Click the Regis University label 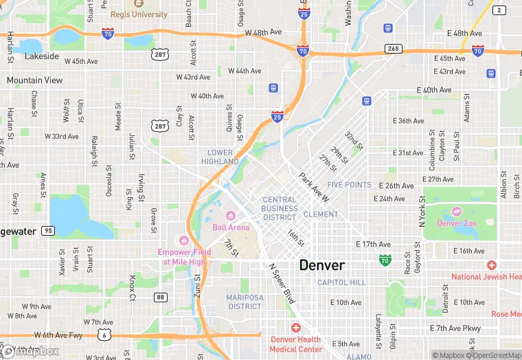coord(138,14)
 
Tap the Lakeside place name coord(42,56)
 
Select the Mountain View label coord(34,80)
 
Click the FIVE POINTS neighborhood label coord(349,185)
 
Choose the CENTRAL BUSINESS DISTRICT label coord(280,208)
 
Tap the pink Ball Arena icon coord(231,216)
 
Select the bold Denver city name coord(321,265)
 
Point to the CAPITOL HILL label coord(341,282)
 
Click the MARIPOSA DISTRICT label coord(244,302)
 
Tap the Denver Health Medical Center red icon coord(295,328)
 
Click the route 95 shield coord(47,231)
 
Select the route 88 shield coord(160,297)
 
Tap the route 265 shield coord(393,49)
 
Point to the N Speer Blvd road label coord(281,282)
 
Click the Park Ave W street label coord(313,187)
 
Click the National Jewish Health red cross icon coord(491,265)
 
